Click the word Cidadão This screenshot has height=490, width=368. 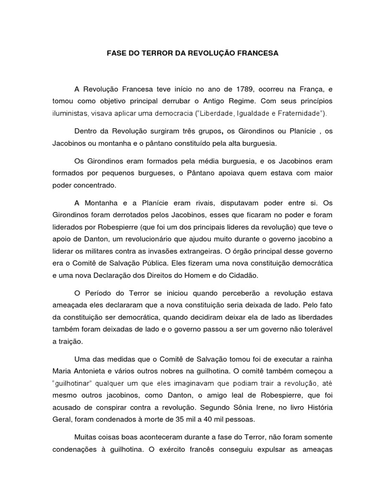point(242,275)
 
